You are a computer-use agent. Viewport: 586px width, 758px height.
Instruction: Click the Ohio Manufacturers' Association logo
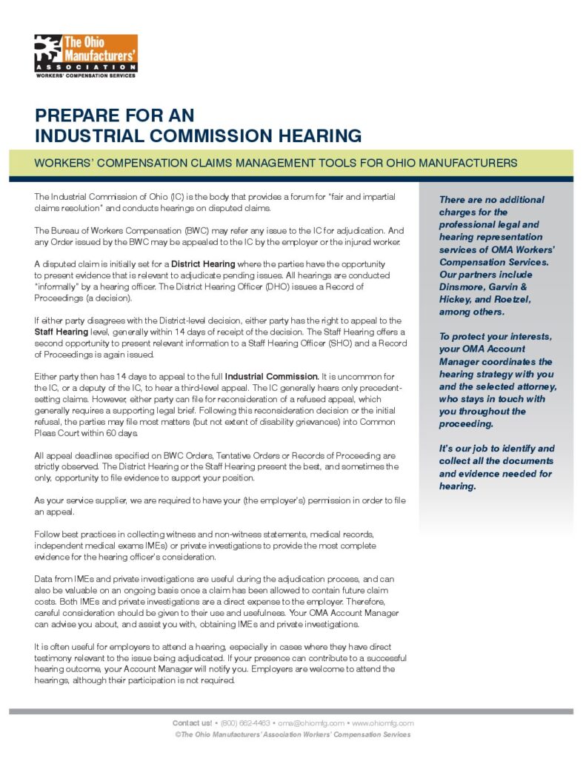pyautogui.click(x=85, y=55)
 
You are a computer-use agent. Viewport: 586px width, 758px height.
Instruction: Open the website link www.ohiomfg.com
pyautogui.click(x=382, y=722)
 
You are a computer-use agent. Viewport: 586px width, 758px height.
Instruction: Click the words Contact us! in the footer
pyautogui.click(x=193, y=722)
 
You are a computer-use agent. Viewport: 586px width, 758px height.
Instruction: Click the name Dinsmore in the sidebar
pyautogui.click(x=464, y=286)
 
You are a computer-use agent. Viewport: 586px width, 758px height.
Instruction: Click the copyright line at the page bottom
pyautogui.click(x=293, y=734)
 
